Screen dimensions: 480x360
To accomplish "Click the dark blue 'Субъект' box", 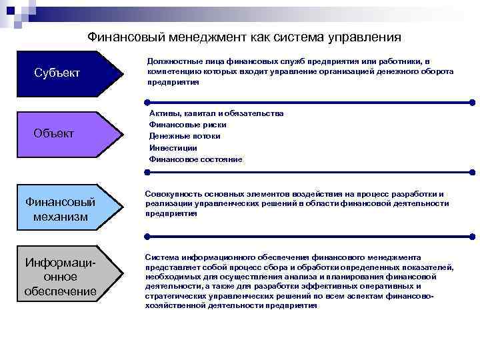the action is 60,72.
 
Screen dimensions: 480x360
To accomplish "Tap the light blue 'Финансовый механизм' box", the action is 60,209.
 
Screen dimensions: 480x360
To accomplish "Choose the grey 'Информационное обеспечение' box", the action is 60,276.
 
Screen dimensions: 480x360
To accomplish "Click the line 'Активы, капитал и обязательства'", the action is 216,113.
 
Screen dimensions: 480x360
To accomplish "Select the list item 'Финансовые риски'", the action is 187,125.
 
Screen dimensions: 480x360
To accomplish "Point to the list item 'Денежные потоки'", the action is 185,136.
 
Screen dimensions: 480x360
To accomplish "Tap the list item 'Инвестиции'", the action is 173,147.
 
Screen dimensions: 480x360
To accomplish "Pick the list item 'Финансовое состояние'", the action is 195,159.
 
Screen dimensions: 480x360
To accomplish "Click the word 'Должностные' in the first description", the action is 170,61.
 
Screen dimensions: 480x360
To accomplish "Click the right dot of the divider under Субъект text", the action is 472,102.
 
